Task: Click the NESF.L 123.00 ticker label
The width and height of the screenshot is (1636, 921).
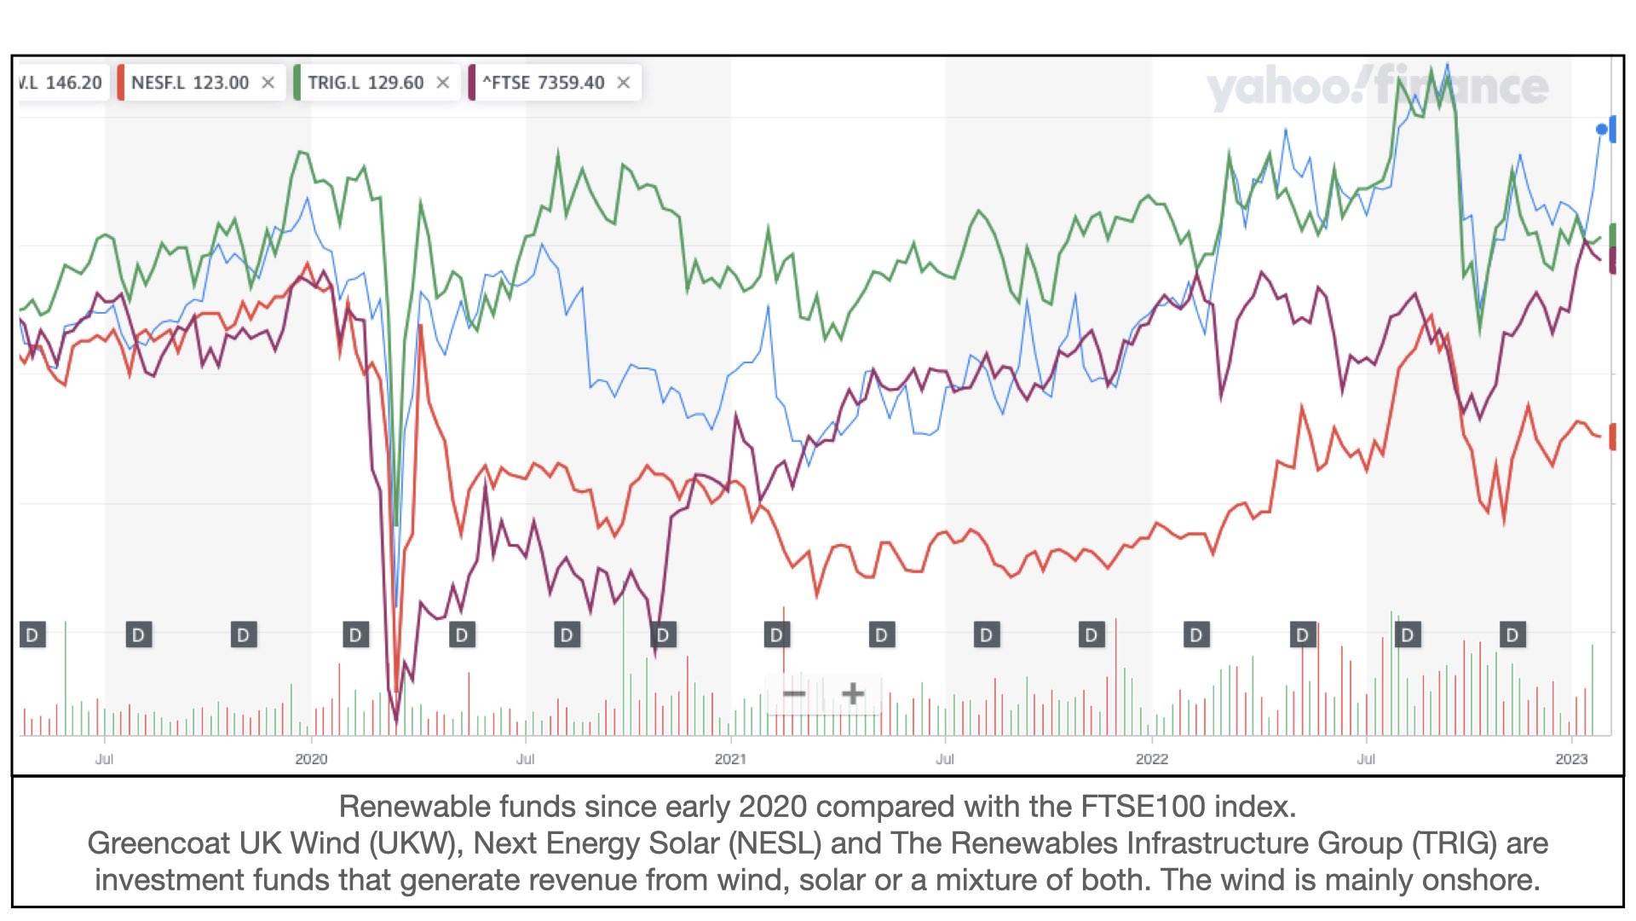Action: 190,83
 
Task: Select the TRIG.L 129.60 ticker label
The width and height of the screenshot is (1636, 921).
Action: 366,83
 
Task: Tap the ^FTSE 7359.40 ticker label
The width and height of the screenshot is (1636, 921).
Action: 544,83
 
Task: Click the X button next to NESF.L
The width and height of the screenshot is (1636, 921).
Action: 268,83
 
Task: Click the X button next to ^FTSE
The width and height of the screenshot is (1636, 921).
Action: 624,83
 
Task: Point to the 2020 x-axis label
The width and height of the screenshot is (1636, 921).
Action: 311,759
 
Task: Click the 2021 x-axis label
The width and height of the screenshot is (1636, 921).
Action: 730,759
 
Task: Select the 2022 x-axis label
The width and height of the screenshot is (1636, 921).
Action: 1151,759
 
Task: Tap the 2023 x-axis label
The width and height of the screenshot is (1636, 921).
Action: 1571,759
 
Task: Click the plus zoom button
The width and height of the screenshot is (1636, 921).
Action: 852,694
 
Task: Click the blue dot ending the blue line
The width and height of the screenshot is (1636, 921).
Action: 1602,130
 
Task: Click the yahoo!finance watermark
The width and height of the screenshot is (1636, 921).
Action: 1376,87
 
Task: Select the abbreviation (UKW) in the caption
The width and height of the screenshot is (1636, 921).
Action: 415,843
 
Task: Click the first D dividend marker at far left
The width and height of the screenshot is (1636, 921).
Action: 32,635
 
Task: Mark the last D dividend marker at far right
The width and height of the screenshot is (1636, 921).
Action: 1512,635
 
